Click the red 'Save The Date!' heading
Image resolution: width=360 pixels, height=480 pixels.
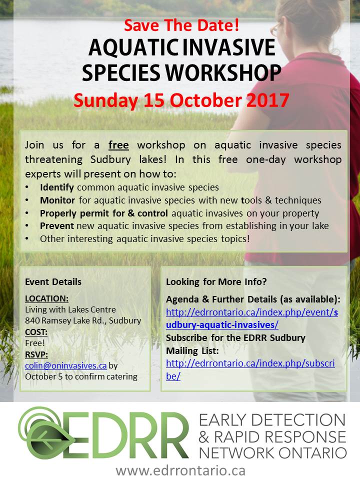181,25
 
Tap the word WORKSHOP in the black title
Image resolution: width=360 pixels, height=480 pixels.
223,73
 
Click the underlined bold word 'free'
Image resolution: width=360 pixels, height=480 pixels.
118,145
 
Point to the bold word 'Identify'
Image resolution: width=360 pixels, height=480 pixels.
56,187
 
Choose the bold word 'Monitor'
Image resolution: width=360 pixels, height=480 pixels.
57,200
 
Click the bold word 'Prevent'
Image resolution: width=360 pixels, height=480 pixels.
57,226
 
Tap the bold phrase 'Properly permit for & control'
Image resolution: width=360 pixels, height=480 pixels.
104,213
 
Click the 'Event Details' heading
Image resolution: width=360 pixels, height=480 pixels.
53,281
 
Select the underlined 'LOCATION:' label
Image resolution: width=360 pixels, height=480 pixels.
47,298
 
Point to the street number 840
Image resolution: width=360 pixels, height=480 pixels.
32,320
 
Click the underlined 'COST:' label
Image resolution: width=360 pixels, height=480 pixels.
36,332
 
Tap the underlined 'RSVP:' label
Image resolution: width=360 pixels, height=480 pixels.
36,354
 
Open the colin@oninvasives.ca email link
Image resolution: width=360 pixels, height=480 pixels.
66,365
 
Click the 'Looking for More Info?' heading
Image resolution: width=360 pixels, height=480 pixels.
216,281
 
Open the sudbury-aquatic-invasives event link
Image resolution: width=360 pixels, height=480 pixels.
252,318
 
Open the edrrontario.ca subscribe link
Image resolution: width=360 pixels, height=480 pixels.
250,369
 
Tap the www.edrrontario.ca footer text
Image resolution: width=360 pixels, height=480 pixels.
180,470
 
